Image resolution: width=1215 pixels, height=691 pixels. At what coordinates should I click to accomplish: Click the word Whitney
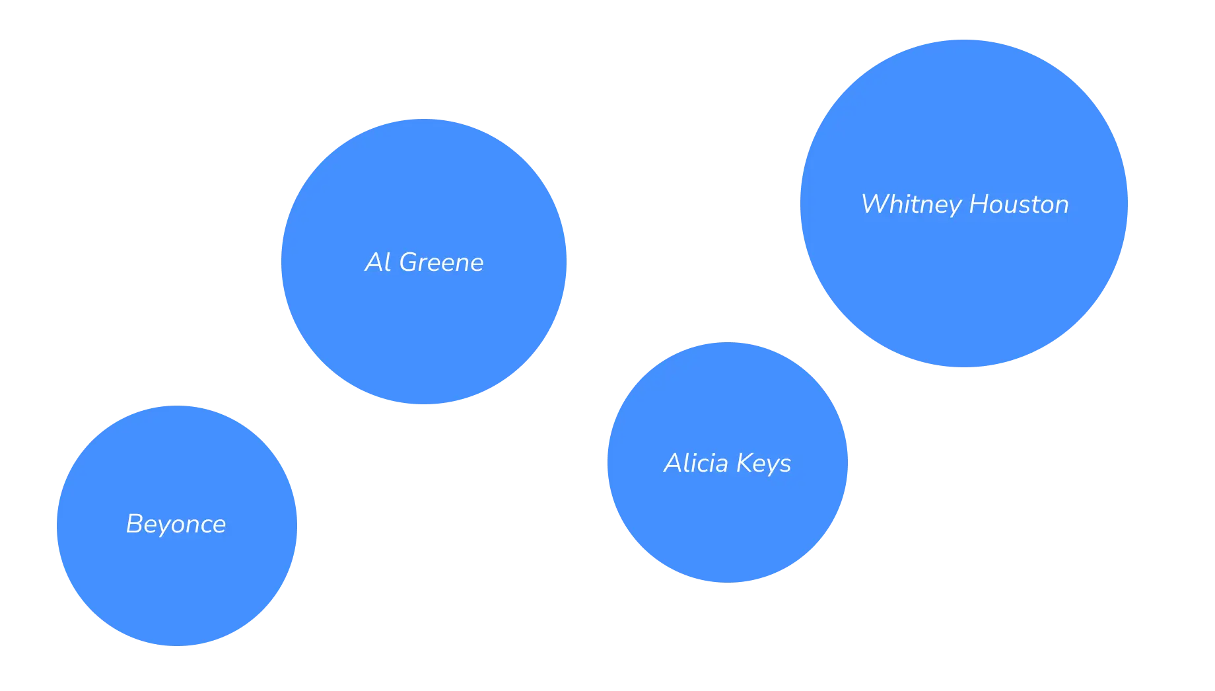pos(911,205)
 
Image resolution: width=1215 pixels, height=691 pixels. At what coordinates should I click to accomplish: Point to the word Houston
pos(1020,205)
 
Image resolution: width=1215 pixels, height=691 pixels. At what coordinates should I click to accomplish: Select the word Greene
pos(442,263)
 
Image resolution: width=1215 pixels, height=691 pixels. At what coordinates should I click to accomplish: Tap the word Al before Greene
pos(378,263)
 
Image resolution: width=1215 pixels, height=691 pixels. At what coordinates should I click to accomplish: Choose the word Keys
pos(764,464)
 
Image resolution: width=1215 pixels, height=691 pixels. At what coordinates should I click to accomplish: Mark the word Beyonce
pos(176,525)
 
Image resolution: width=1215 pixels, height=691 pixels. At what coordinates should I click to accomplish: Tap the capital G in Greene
pos(410,263)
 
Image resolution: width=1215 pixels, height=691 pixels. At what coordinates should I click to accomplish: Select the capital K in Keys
pos(745,463)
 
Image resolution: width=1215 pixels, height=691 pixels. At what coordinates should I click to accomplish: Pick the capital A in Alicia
pos(674,463)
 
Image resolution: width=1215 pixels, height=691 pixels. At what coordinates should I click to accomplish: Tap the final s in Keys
pos(785,465)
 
